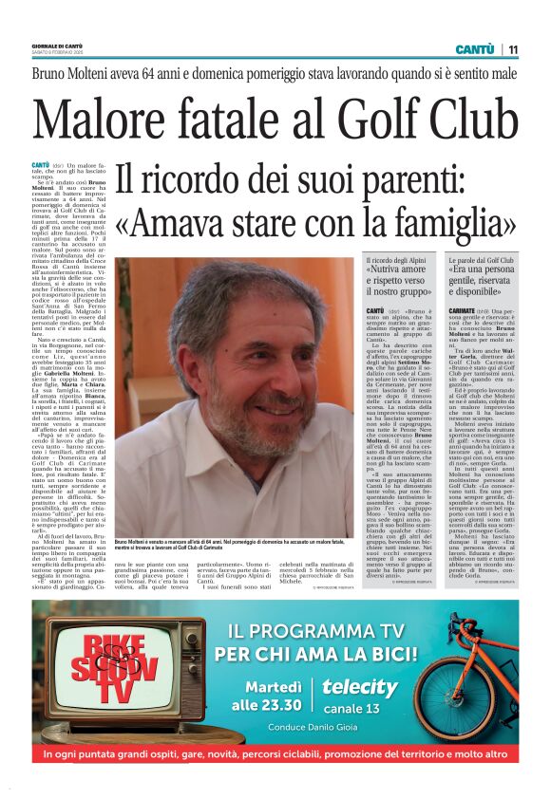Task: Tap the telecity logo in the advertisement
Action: point(359,687)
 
